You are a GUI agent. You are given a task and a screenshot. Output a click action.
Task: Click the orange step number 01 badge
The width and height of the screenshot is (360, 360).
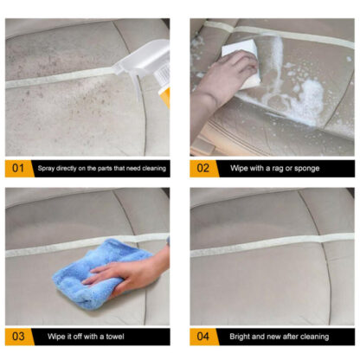[17, 166]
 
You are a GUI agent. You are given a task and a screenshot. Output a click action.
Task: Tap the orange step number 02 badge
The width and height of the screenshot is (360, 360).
[202, 166]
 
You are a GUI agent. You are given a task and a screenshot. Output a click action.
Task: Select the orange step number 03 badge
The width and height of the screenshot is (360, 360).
[17, 335]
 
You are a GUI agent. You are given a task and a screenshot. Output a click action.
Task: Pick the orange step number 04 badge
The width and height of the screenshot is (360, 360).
[202, 335]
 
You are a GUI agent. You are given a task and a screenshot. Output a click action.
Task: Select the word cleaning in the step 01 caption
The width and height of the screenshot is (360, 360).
[151, 166]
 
